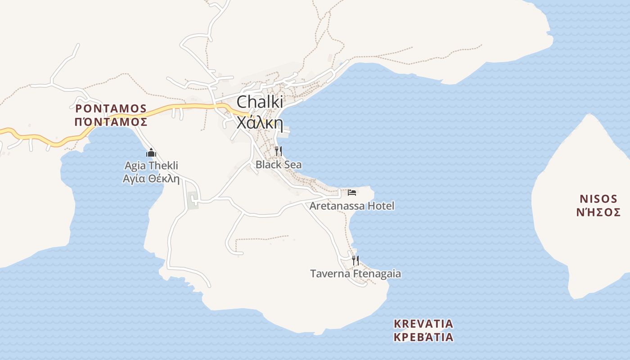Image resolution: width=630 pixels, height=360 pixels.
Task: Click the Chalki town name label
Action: pyautogui.click(x=260, y=101)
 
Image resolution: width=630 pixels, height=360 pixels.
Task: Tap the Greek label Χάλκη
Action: pyautogui.click(x=260, y=122)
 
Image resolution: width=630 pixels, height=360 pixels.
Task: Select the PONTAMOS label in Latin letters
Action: pyautogui.click(x=111, y=108)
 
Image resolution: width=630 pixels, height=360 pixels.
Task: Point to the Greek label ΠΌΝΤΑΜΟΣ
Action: pyautogui.click(x=111, y=121)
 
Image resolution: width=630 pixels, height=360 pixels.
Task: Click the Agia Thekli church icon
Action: pyautogui.click(x=151, y=153)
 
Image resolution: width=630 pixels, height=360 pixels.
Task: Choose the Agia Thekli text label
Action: pyautogui.click(x=151, y=166)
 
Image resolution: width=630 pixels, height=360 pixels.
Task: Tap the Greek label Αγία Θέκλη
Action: pyautogui.click(x=151, y=179)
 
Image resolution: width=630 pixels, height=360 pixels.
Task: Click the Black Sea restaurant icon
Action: pyautogui.click(x=279, y=151)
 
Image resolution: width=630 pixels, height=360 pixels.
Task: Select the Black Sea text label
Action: pyautogui.click(x=279, y=165)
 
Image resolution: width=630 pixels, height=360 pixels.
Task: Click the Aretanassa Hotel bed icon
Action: pyautogui.click(x=352, y=193)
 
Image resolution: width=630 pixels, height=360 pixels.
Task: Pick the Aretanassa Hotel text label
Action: pyautogui.click(x=352, y=206)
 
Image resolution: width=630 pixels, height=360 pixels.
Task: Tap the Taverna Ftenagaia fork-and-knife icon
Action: pyautogui.click(x=355, y=260)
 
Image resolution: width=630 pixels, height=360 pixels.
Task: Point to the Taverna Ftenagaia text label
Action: pyautogui.click(x=355, y=274)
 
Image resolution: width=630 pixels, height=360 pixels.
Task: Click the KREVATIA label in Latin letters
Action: pyautogui.click(x=423, y=324)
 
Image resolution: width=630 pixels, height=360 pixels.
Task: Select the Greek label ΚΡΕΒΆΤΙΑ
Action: pyautogui.click(x=423, y=337)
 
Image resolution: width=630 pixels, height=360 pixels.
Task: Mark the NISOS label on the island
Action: pyautogui.click(x=598, y=199)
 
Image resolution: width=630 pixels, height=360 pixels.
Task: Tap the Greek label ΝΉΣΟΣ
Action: pyautogui.click(x=598, y=212)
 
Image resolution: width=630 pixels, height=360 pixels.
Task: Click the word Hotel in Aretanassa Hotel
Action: pyautogui.click(x=381, y=206)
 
